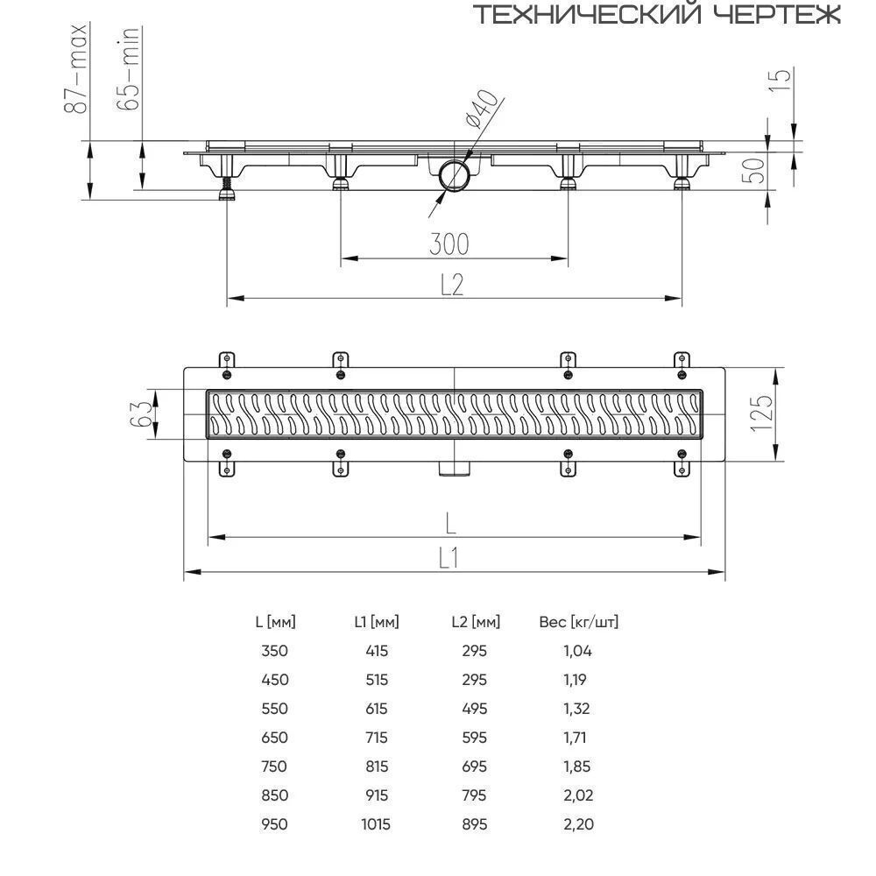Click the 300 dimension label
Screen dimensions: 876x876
click(x=449, y=244)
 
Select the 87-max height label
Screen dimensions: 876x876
click(x=75, y=68)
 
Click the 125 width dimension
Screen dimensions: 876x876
click(x=761, y=413)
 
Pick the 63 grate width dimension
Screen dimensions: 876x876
click(x=141, y=414)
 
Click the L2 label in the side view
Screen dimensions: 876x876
click(x=452, y=285)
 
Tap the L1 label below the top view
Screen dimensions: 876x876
click(x=449, y=557)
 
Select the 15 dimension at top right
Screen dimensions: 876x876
click(x=781, y=80)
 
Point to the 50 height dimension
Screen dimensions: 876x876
click(x=752, y=171)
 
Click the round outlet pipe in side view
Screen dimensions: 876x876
click(x=454, y=175)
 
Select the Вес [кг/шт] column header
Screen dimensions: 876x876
click(x=579, y=622)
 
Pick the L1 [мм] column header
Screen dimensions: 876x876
click(x=377, y=622)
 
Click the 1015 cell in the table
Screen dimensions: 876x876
click(x=376, y=824)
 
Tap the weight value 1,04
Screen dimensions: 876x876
click(x=577, y=651)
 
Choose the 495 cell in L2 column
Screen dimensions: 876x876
click(x=474, y=709)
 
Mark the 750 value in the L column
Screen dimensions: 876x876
click(x=274, y=766)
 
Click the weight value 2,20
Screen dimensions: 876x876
click(x=579, y=824)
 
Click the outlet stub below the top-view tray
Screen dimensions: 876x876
click(x=454, y=468)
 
